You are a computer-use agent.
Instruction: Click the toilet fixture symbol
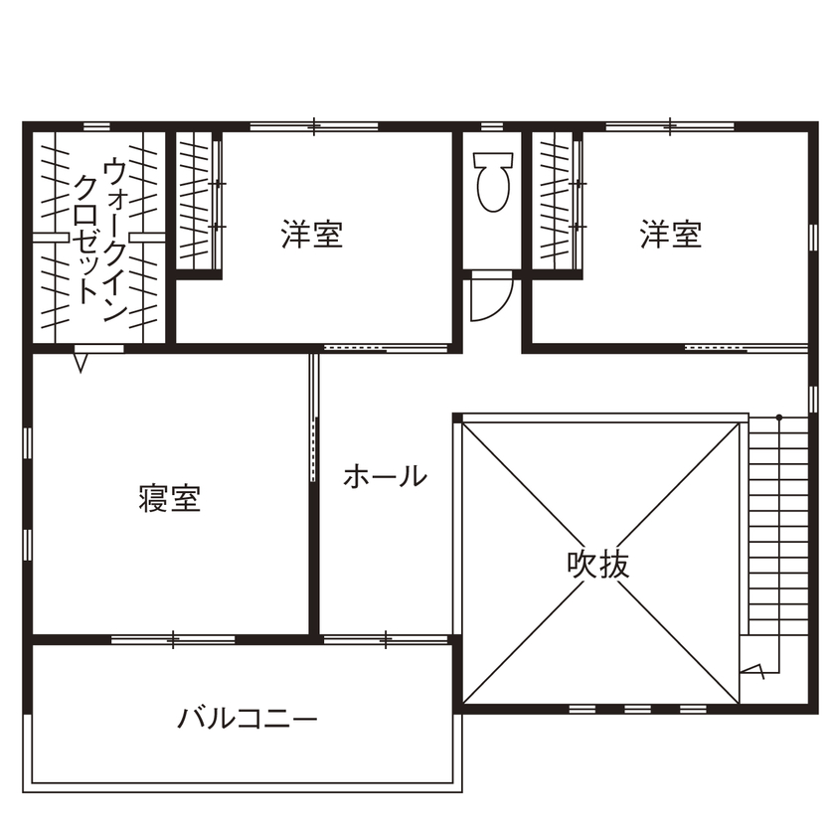tap(492, 181)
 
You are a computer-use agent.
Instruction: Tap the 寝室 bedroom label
tap(170, 498)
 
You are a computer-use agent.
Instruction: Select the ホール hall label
tap(385, 477)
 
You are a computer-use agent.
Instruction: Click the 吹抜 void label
tap(598, 565)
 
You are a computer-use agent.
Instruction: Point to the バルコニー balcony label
tap(248, 717)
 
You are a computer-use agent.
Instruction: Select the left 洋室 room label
tap(312, 236)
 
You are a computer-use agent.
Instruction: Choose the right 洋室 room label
tap(671, 236)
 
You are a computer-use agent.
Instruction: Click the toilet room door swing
tap(490, 297)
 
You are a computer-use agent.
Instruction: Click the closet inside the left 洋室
tap(199, 200)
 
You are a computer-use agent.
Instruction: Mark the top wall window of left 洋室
tap(313, 126)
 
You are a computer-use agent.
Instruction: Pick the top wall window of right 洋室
tap(670, 126)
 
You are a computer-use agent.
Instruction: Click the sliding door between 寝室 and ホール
tap(314, 417)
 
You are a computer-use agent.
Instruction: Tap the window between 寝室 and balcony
tap(173, 639)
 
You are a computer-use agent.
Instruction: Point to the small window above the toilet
tap(492, 126)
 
